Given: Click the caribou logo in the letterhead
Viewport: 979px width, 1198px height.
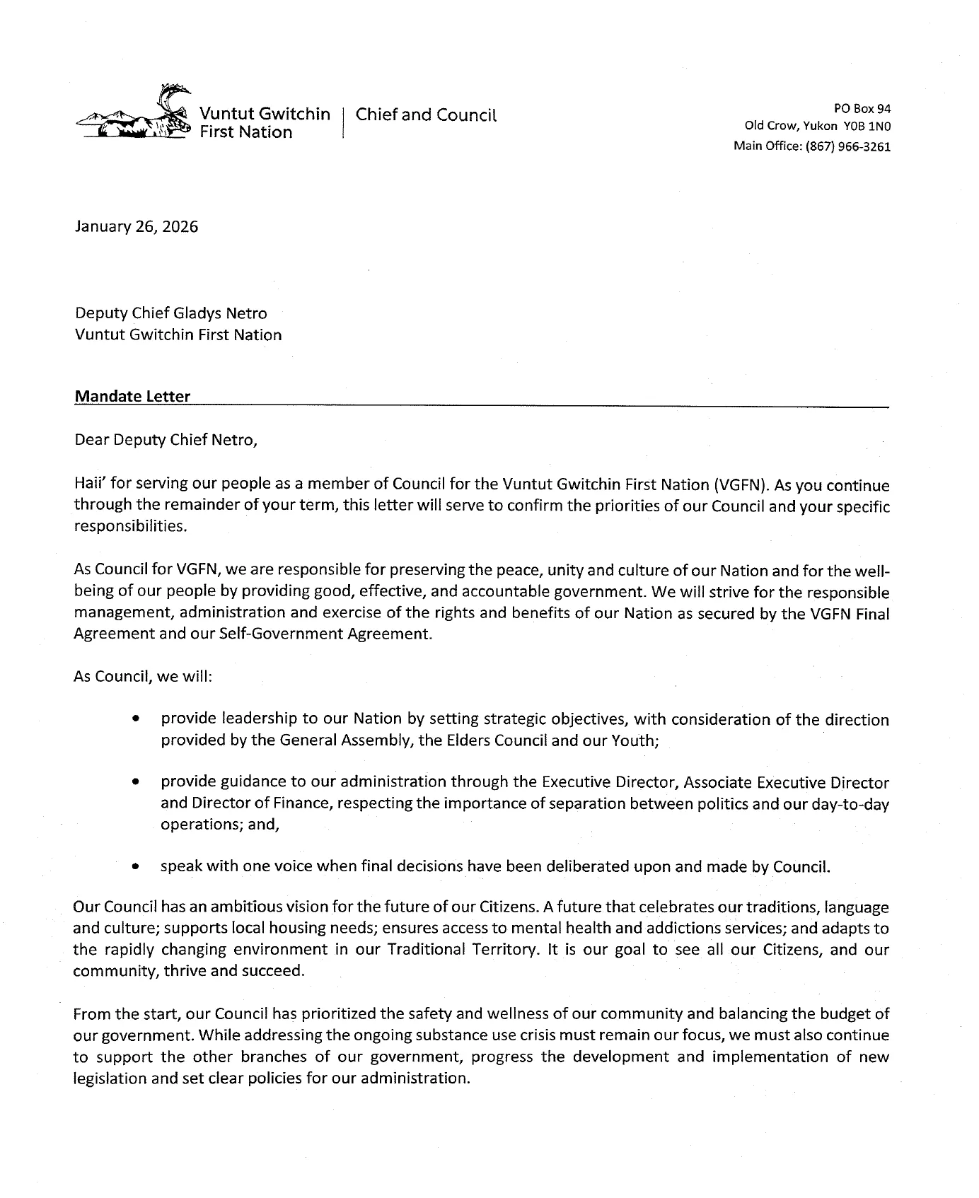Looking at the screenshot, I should pyautogui.click(x=134, y=115).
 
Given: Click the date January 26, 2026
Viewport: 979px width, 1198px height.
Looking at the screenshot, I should pyautogui.click(x=136, y=227).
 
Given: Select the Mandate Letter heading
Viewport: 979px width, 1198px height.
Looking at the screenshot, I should pyautogui.click(x=132, y=397).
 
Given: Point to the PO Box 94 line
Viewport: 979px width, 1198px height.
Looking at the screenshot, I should pyautogui.click(x=862, y=109).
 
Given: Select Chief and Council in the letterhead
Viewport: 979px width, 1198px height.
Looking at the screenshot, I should pyautogui.click(x=426, y=115).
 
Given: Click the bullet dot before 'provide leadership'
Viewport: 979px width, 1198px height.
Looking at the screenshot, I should pyautogui.click(x=134, y=720).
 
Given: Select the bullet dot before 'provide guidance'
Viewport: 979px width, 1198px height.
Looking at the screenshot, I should pyautogui.click(x=134, y=783).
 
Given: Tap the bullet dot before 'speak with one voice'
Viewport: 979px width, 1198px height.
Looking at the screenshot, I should pyautogui.click(x=134, y=866).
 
